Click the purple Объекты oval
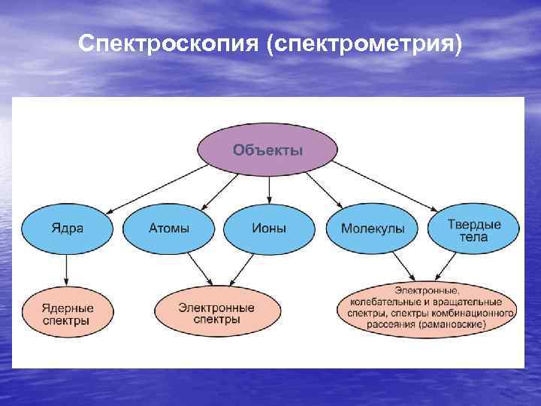coord(267,150)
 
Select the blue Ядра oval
coord(68,228)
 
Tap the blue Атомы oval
coord(169,228)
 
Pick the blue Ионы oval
coord(270,228)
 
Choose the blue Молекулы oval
coord(373,228)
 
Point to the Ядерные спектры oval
coord(68,314)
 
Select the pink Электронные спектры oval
coord(217,314)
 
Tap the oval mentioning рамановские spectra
coord(426,308)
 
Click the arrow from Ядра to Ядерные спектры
coord(68,269)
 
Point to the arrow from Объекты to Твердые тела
coord(386,186)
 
